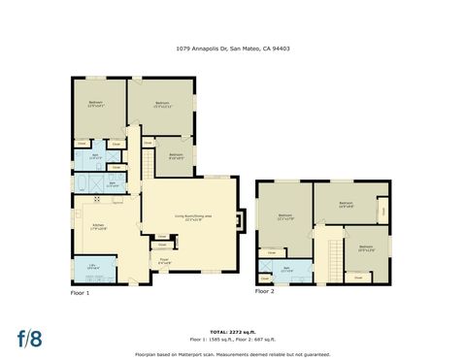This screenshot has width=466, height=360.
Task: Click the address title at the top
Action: point(232,48)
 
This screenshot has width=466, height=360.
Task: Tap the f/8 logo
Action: point(29,339)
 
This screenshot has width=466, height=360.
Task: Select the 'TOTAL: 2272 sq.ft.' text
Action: point(232,331)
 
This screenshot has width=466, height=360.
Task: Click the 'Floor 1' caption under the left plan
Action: point(80,292)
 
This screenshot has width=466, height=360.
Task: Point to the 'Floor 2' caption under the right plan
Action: point(264,290)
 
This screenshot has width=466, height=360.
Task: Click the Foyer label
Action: point(164,259)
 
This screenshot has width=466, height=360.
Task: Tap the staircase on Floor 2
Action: point(332,257)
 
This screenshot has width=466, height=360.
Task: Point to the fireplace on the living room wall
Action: point(242,220)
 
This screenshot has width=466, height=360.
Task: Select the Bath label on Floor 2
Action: point(286,269)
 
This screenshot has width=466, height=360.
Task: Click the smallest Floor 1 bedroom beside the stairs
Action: point(176,155)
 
